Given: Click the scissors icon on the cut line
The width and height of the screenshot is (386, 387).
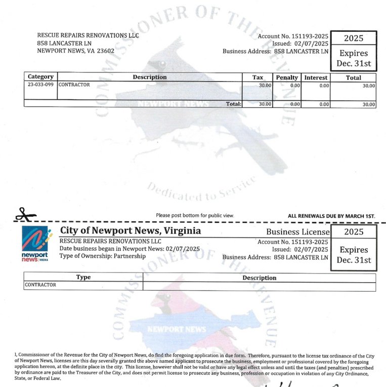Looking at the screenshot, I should [23, 214].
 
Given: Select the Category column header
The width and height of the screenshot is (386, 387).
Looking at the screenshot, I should [40, 77].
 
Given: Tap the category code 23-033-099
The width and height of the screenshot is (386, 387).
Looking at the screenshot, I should [40, 85].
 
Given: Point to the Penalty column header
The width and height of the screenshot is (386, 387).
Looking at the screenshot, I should [287, 78].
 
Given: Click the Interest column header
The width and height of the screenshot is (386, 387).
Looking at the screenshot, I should [316, 78].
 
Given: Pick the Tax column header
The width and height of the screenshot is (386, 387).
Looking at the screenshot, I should [258, 78].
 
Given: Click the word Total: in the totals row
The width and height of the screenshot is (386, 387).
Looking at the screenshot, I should [233, 103].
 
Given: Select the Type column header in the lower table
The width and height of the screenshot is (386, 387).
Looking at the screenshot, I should [83, 278].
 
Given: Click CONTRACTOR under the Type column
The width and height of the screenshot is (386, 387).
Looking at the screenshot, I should [40, 285].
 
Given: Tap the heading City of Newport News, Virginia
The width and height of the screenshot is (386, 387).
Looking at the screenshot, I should [130, 231].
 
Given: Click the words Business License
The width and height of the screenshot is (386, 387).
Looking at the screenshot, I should [298, 232].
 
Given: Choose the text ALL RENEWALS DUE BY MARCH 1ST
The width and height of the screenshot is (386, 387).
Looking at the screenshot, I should [331, 216].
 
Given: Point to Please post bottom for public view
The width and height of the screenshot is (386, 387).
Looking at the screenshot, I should [195, 215].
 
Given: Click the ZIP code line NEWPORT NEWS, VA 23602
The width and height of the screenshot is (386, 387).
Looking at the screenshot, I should [76, 51].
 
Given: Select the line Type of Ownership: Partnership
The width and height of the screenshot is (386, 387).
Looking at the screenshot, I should [103, 256].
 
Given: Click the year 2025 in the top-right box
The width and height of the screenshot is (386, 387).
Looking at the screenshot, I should [353, 38].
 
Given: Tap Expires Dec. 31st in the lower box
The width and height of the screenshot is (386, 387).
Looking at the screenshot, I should [354, 255].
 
